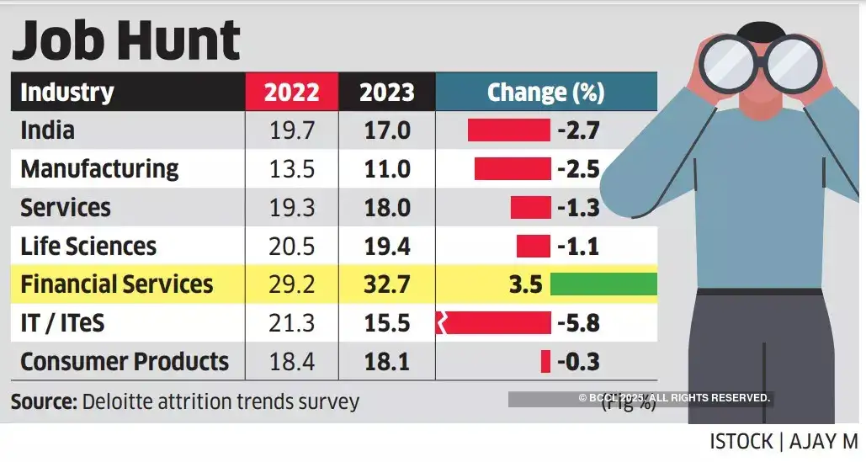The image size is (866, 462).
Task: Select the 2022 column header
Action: (291, 92)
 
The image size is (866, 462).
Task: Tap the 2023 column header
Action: (386, 92)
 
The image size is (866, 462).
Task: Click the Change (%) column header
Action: (545, 92)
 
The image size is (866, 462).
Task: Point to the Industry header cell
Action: (67, 92)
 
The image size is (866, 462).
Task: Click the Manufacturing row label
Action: (99, 169)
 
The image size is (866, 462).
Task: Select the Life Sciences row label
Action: (88, 247)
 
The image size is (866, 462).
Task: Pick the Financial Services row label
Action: (116, 284)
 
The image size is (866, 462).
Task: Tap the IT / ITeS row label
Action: (62, 323)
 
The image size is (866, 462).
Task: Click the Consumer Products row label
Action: (125, 362)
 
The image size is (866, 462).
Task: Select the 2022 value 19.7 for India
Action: (291, 130)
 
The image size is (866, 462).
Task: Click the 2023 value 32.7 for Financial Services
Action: (386, 284)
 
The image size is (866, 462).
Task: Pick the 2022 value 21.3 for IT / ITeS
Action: (291, 323)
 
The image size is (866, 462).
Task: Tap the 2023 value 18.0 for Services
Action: (386, 208)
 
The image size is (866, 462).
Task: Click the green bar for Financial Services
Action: (603, 284)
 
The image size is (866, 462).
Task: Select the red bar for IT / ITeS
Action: (495, 323)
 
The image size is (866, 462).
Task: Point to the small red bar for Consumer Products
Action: (545, 362)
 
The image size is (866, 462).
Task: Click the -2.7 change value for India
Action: (578, 130)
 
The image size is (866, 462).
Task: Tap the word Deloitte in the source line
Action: (119, 401)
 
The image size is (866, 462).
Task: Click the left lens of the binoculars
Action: (731, 66)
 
